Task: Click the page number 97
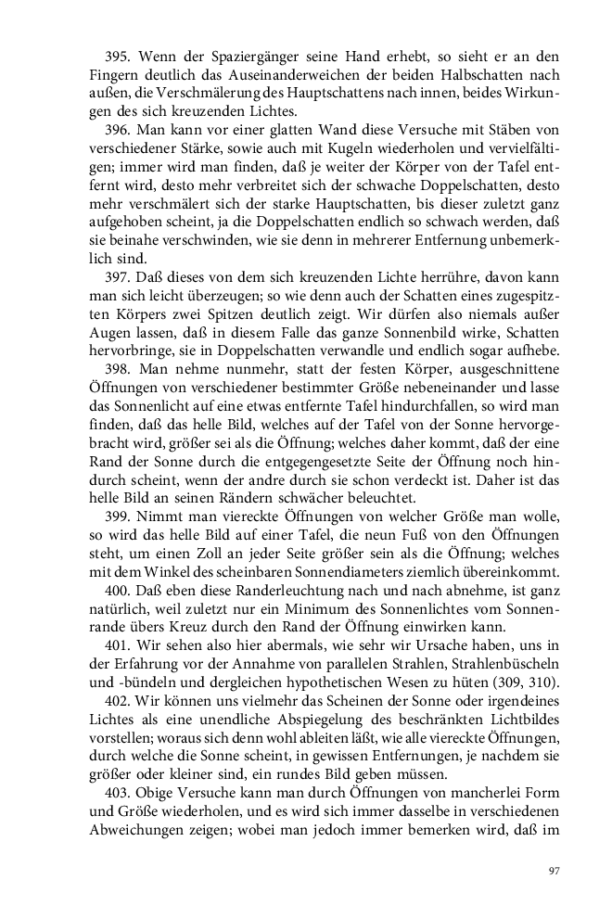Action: (x=554, y=869)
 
